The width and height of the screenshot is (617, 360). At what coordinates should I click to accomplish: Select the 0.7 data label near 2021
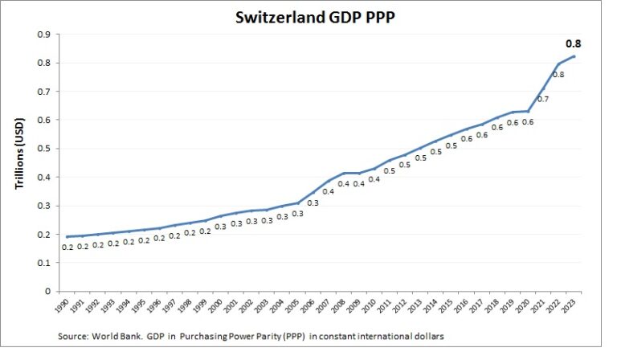click(x=542, y=100)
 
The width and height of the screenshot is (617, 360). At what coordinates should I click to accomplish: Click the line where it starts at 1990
click(x=66, y=236)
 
